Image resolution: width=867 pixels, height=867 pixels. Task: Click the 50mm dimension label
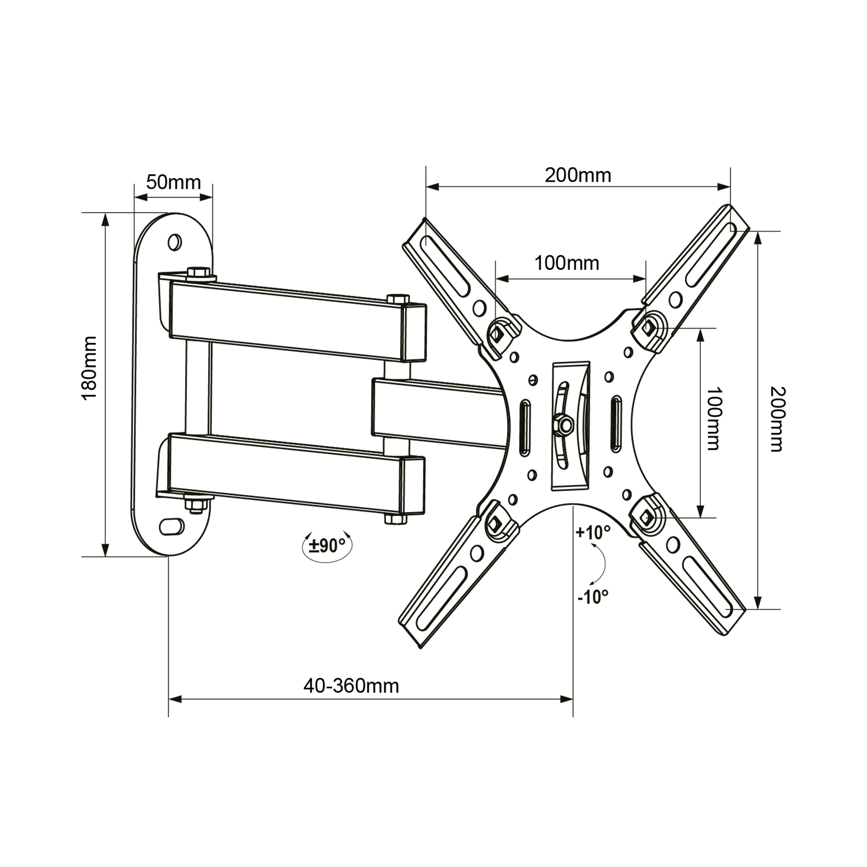coord(173,183)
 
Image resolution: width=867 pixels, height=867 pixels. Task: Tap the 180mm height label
coord(90,368)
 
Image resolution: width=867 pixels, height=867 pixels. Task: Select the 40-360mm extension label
coord(351,686)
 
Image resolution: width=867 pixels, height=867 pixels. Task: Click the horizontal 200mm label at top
coord(578,175)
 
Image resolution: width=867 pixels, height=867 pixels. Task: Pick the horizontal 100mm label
coord(567,263)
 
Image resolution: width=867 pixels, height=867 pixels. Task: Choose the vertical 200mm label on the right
coord(777,419)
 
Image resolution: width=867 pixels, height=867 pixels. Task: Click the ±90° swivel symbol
coord(327,546)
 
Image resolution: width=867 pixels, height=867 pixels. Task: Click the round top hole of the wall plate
coord(174,241)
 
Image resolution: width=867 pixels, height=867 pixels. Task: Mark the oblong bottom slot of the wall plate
coord(171,526)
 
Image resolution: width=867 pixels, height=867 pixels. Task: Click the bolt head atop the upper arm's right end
coord(397,299)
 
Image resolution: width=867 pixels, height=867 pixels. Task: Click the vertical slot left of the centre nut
coord(524,427)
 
